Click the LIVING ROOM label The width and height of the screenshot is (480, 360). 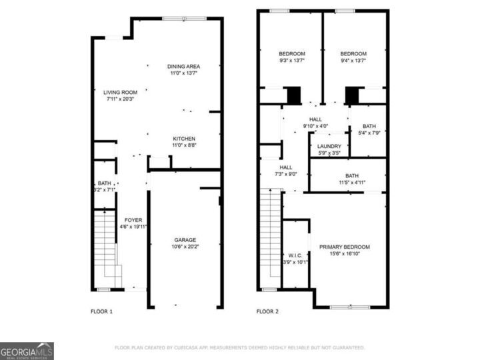click(120, 92)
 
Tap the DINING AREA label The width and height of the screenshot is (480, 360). click(183, 66)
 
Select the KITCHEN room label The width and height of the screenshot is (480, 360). click(183, 139)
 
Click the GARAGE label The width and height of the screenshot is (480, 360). click(185, 240)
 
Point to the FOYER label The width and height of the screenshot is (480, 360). click(133, 219)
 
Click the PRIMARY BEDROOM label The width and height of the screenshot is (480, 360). click(344, 247)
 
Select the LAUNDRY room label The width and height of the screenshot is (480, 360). click(329, 147)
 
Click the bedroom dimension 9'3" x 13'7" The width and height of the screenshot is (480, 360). click(291, 61)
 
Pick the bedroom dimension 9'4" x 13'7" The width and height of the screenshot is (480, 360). click(353, 61)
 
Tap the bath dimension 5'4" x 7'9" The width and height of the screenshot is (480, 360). click(369, 132)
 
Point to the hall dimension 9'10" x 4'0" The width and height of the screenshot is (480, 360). click(316, 126)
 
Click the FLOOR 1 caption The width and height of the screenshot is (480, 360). click(101, 311)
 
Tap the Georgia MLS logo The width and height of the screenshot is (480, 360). click(27, 351)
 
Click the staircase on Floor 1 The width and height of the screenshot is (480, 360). click(105, 247)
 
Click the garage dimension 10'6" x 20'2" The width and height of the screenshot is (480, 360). click(185, 247)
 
